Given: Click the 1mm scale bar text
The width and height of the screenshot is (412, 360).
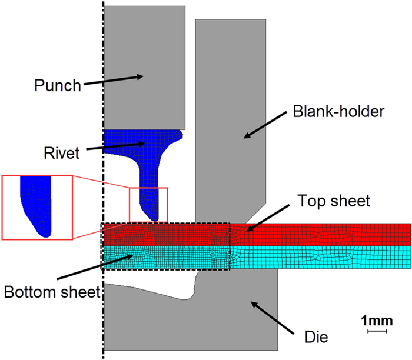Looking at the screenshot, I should (377, 321).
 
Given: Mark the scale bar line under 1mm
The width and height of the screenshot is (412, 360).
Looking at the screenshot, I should (377, 331).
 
